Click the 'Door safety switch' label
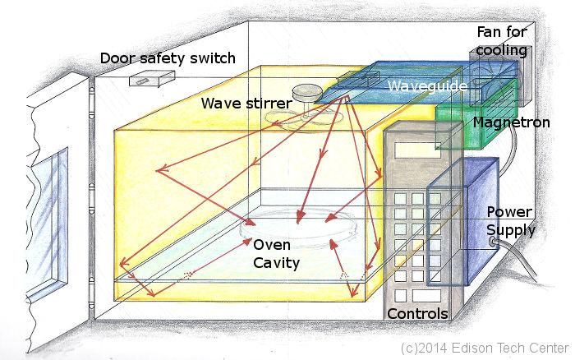168,58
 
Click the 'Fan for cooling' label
503,41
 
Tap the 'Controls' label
417,313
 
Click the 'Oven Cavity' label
276,254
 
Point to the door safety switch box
151,79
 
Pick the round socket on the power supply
494,242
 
